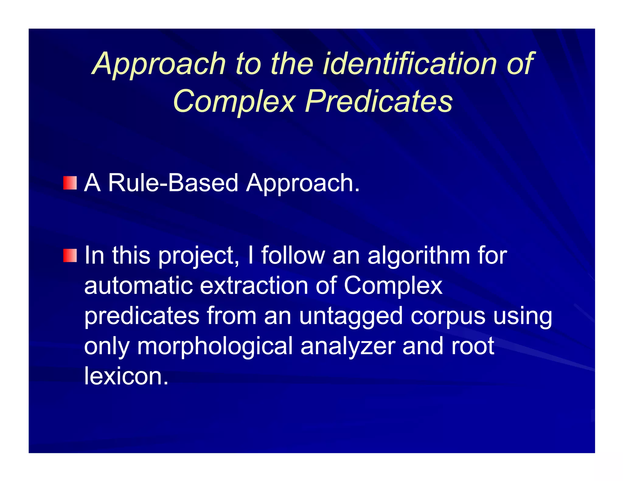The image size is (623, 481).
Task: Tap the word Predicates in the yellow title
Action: pyautogui.click(x=379, y=101)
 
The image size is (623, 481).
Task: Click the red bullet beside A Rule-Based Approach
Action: pyautogui.click(x=70, y=183)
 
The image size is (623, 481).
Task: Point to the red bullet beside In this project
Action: pyautogui.click(x=70, y=255)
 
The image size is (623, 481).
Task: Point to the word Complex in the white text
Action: pyautogui.click(x=393, y=286)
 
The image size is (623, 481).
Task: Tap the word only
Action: pyautogui.click(x=107, y=347)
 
